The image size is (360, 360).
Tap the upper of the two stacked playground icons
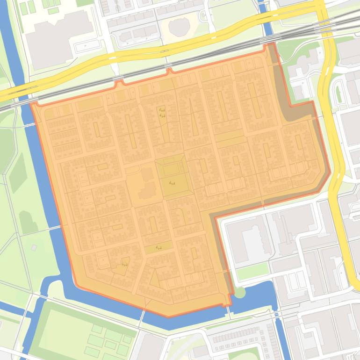[x=161, y=110]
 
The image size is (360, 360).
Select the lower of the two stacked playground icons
[x=162, y=115]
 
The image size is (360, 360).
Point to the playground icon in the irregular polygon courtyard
[x=124, y=265]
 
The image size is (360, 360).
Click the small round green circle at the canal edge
[x=239, y=293]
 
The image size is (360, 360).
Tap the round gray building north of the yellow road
[x=178, y=27]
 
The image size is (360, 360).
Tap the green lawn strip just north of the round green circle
[x=252, y=271]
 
